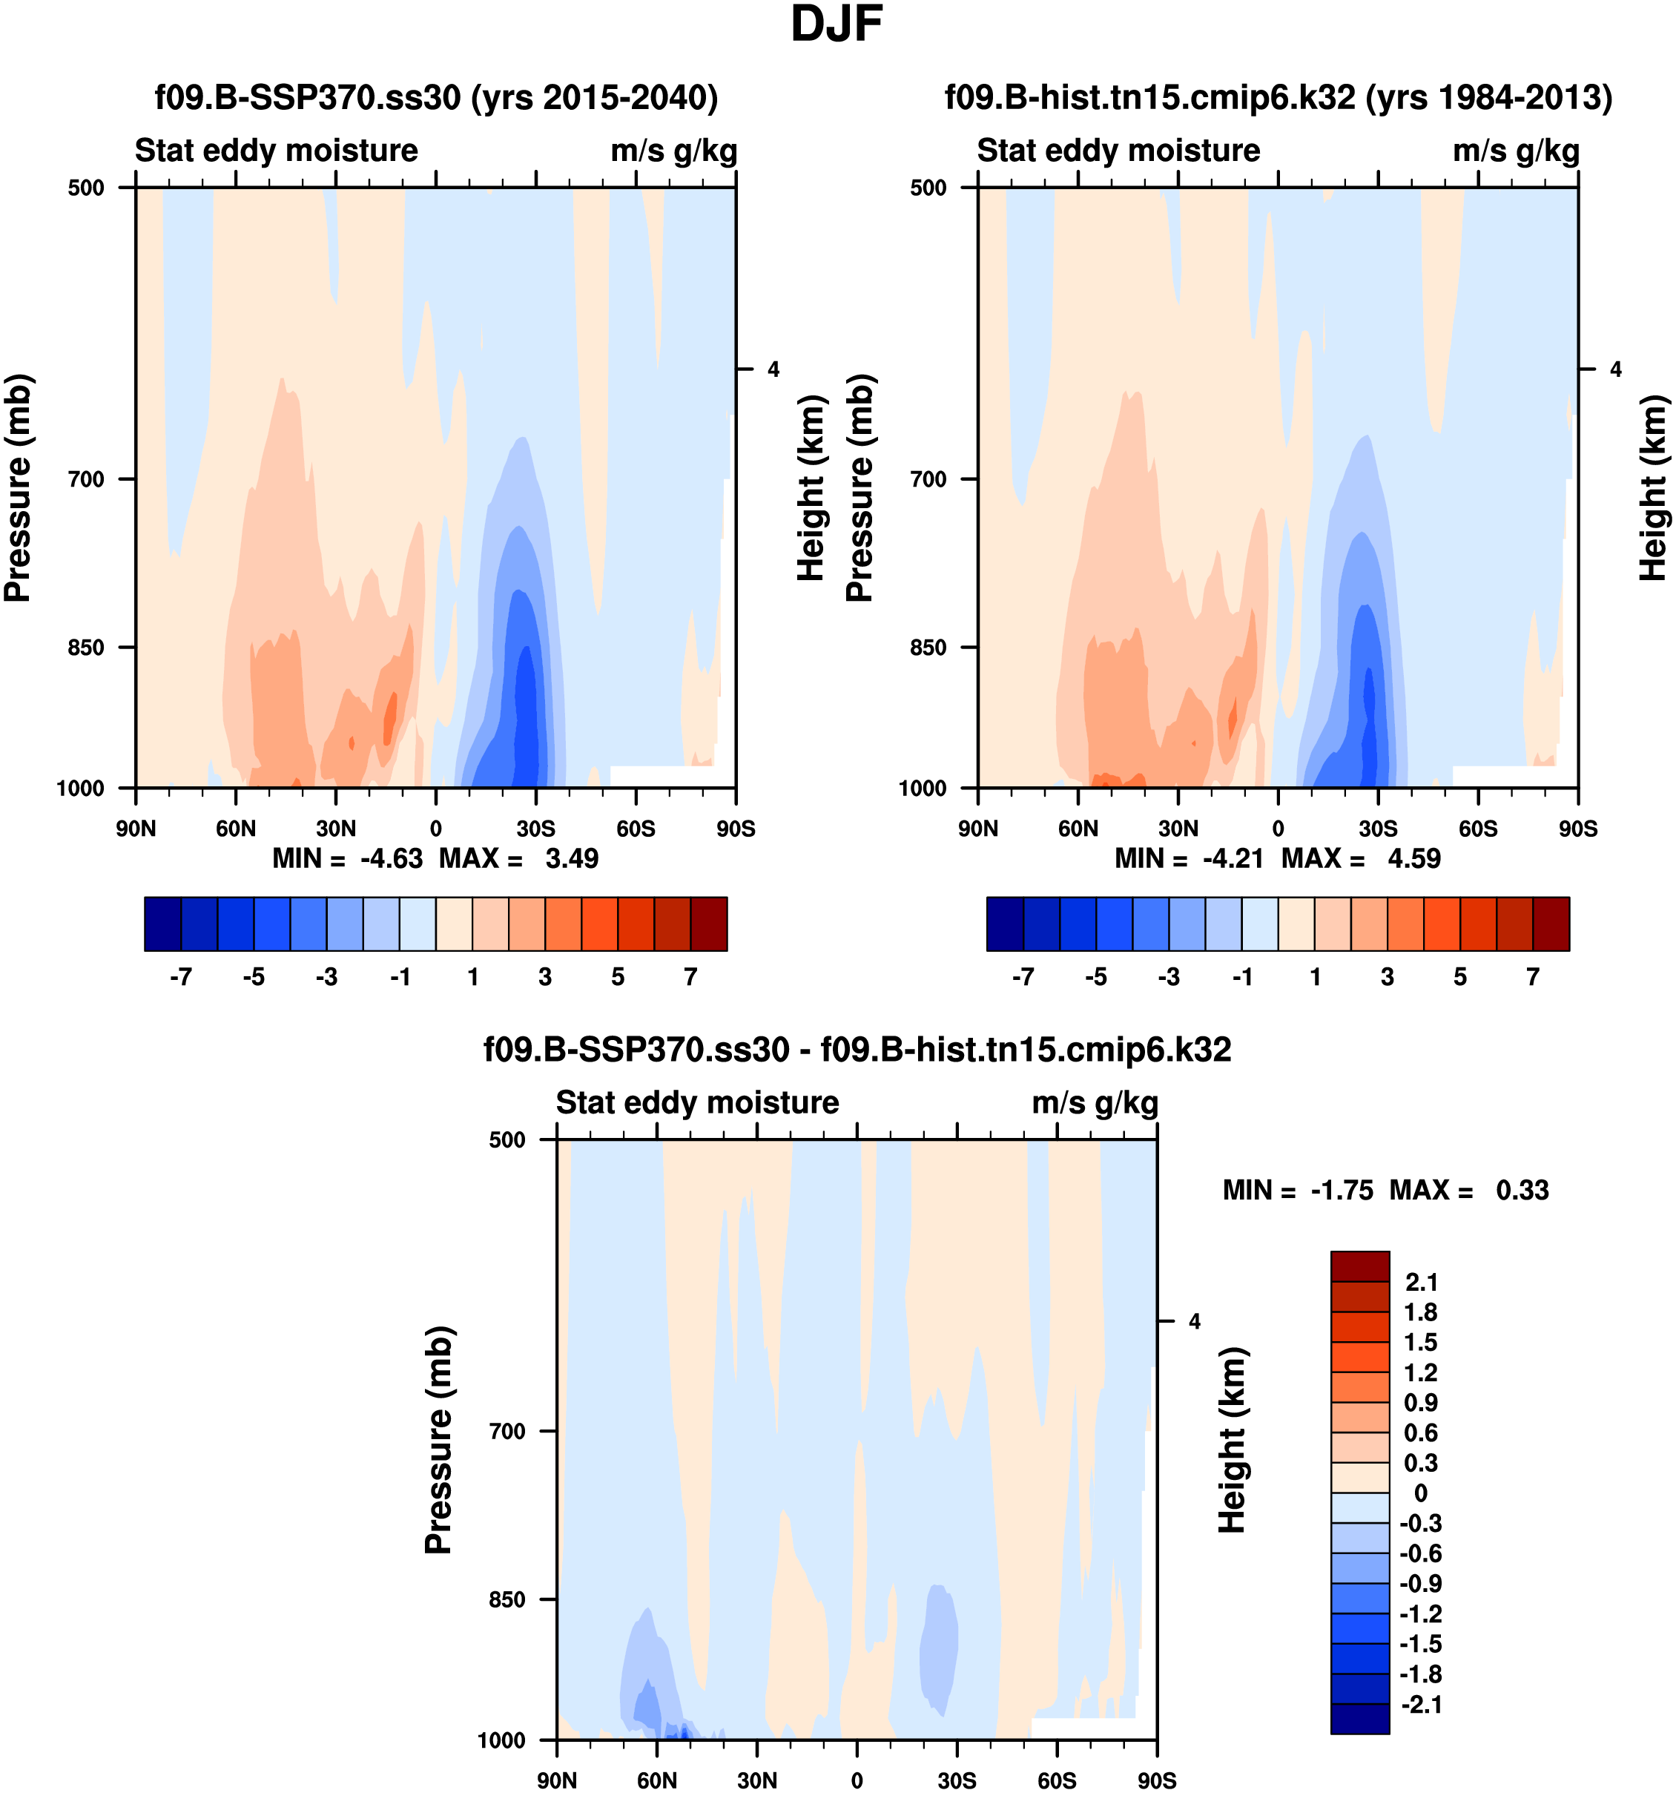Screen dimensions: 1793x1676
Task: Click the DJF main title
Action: point(836,25)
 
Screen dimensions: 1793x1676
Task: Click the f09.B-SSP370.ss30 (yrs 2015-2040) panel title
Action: point(436,97)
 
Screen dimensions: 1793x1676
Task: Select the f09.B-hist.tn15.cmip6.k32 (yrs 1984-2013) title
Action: point(1279,97)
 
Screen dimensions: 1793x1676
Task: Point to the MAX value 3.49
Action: point(572,858)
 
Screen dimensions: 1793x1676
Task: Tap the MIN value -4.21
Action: point(1233,858)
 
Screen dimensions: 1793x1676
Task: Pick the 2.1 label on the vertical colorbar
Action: point(1421,1283)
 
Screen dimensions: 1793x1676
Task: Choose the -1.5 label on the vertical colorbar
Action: point(1421,1644)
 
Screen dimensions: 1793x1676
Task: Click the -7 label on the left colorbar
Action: point(180,978)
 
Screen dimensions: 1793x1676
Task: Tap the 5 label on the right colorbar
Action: point(1460,978)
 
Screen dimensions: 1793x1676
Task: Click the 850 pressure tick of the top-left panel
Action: point(87,648)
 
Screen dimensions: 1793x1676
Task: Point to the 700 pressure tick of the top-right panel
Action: point(928,479)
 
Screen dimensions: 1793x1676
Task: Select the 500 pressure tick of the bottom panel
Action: point(507,1140)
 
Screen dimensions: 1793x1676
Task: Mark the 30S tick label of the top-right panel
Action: point(1379,829)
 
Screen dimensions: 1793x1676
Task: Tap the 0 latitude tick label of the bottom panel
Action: point(857,1780)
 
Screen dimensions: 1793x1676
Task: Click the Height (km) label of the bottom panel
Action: point(1232,1441)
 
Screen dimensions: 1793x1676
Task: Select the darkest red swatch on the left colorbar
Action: point(709,924)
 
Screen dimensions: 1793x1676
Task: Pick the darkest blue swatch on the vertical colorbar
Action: point(1359,1718)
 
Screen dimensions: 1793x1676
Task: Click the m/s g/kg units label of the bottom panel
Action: point(1095,1103)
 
